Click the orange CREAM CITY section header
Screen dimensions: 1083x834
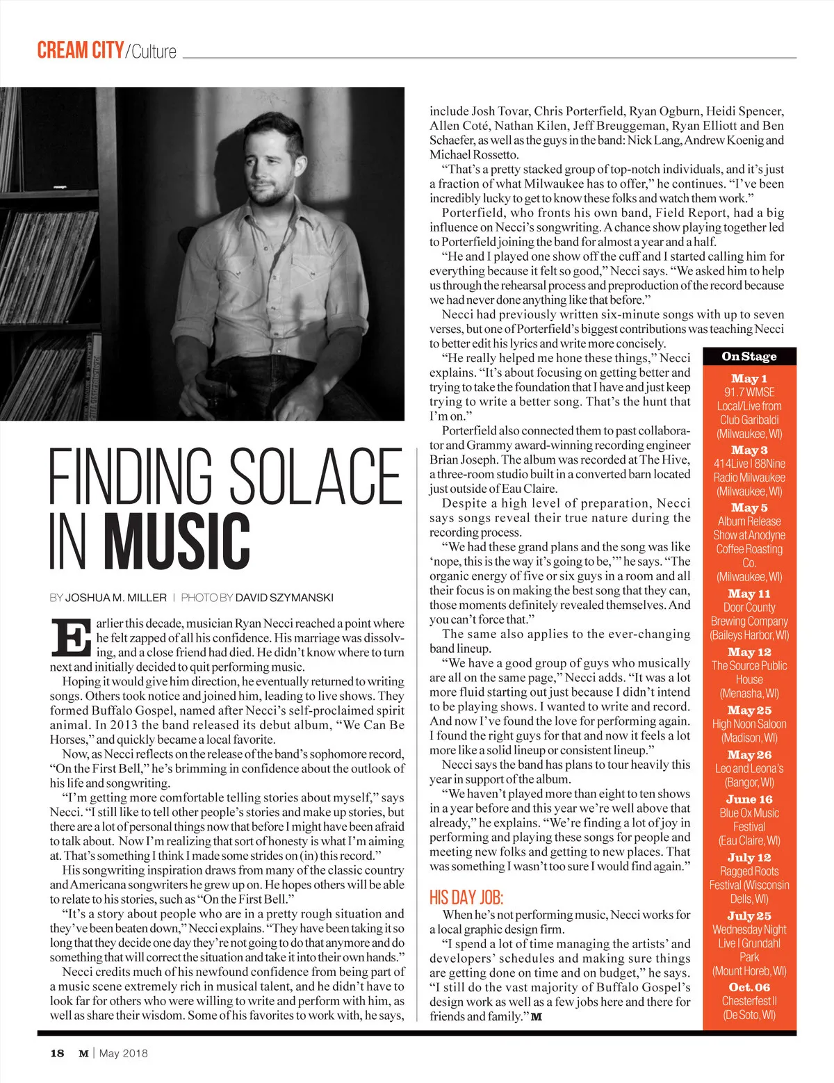[80, 51]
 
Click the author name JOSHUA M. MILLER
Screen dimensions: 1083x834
[116, 597]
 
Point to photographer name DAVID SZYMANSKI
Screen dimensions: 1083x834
[284, 597]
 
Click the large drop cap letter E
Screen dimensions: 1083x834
[70, 637]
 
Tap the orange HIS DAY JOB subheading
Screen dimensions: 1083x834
[466, 897]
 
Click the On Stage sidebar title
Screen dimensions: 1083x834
[749, 357]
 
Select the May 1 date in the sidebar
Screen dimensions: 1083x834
[749, 379]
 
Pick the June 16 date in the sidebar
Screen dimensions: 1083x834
[749, 799]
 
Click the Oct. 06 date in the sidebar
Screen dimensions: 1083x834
[749, 987]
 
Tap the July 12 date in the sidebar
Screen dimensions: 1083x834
[749, 858]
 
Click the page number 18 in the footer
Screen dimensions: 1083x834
[57, 1053]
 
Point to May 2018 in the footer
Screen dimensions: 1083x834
[124, 1053]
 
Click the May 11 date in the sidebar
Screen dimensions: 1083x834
[749, 594]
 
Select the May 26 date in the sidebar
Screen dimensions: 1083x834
[749, 755]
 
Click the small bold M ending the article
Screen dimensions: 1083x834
[537, 1017]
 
